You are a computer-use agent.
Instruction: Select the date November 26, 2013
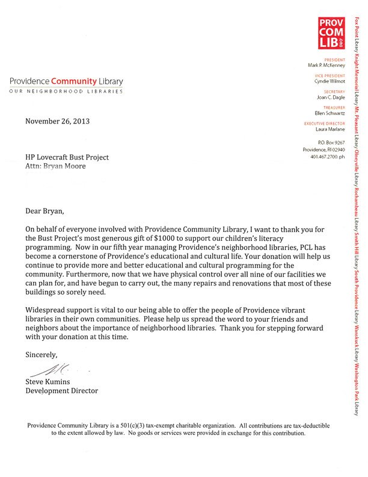(57, 121)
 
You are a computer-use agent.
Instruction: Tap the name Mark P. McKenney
(327, 65)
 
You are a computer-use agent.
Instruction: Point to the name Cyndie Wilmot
(330, 81)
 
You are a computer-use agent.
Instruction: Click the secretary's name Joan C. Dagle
(331, 96)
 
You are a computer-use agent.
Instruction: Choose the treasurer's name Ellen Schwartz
(330, 113)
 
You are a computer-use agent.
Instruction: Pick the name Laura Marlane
(330, 129)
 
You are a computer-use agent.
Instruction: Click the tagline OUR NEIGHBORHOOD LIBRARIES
(66, 92)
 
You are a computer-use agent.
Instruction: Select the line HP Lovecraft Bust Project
(67, 157)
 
